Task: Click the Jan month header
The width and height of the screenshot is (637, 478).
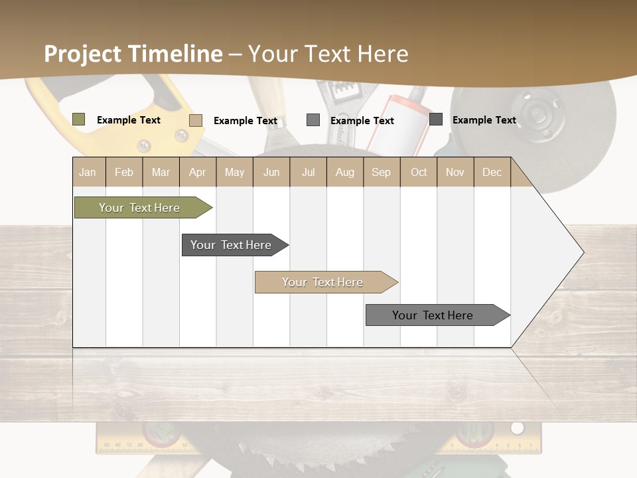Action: (88, 173)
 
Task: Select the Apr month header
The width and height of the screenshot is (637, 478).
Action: (198, 173)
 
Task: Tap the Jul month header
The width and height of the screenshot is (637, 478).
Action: (308, 173)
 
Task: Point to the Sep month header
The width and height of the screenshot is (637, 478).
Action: (381, 173)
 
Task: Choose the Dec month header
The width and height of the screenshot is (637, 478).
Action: (492, 173)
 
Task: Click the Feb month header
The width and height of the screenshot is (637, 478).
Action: (124, 173)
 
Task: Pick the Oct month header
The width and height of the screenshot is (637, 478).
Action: (419, 173)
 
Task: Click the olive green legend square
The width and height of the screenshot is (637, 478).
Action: (79, 119)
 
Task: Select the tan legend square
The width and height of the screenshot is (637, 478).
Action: (196, 120)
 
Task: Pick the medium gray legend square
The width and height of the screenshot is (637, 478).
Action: (313, 120)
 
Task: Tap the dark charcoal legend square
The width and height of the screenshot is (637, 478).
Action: (436, 119)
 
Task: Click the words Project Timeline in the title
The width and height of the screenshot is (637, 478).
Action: (133, 54)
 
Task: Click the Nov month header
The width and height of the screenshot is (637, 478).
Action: (455, 173)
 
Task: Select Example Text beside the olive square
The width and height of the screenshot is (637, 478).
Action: (129, 120)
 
